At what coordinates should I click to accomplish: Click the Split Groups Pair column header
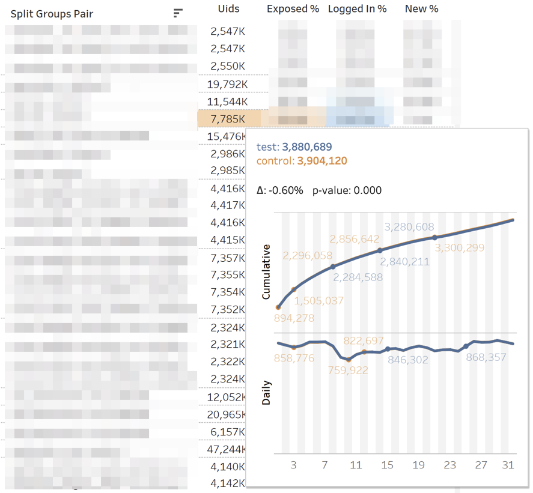click(x=52, y=14)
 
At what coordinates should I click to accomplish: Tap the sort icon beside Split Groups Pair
click(x=178, y=13)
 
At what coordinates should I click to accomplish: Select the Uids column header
click(x=228, y=8)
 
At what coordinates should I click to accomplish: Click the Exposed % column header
click(x=293, y=9)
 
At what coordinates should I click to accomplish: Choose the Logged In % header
click(x=357, y=9)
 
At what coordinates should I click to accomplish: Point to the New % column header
click(x=421, y=9)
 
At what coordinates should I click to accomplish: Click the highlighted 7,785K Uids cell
click(x=227, y=119)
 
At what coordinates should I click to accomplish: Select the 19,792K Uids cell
click(x=227, y=83)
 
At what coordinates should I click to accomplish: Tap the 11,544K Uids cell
click(x=227, y=101)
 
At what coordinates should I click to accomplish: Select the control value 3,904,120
click(x=321, y=161)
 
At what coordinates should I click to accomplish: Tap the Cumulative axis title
click(x=266, y=271)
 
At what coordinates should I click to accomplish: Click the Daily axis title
click(x=266, y=392)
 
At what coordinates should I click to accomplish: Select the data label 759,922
click(x=348, y=371)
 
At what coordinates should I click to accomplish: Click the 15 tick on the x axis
click(x=387, y=465)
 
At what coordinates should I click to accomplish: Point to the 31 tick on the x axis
click(x=508, y=465)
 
